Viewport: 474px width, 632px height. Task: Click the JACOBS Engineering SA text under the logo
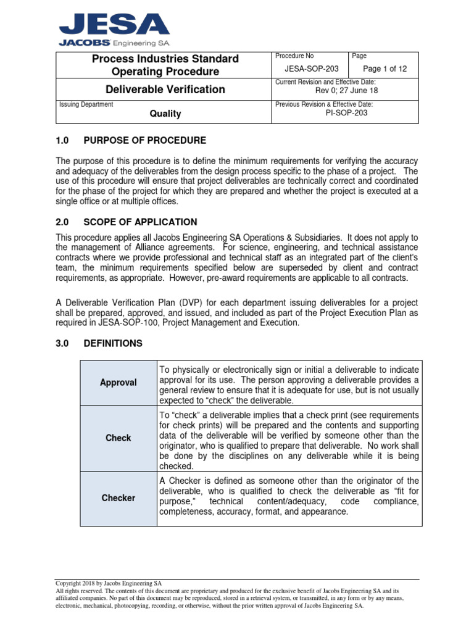click(114, 43)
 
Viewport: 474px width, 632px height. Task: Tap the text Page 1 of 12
click(385, 69)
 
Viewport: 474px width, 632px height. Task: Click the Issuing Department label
click(86, 104)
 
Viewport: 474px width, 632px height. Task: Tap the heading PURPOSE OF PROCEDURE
click(144, 141)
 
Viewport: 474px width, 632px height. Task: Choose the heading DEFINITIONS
click(113, 343)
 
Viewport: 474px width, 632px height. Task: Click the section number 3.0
click(64, 343)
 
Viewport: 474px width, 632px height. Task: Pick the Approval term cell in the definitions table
click(118, 383)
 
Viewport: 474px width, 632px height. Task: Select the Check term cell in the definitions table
click(118, 438)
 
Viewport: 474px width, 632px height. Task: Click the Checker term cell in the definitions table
click(118, 498)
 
